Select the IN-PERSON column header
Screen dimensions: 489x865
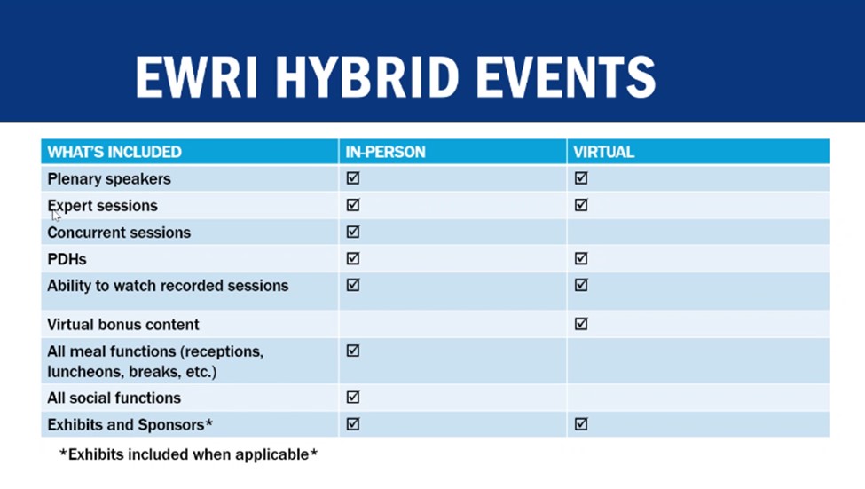click(x=385, y=152)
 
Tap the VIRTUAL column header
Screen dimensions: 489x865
click(x=603, y=152)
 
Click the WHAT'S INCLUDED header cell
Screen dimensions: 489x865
click(x=114, y=152)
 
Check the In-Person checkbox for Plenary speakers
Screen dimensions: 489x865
click(x=353, y=178)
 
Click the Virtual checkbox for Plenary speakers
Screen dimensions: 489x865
click(x=581, y=178)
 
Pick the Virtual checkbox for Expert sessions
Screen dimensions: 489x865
click(x=581, y=205)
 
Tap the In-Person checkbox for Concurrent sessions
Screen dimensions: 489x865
click(x=353, y=232)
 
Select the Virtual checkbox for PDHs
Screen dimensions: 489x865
click(x=581, y=259)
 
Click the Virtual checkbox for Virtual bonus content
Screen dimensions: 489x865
click(x=581, y=324)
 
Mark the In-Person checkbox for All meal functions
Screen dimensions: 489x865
click(x=353, y=351)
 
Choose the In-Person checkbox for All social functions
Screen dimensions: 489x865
click(x=353, y=398)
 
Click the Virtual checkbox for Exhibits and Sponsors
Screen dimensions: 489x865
click(x=581, y=424)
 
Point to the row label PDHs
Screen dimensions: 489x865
click(x=67, y=259)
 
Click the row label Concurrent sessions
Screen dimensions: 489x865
click(x=119, y=233)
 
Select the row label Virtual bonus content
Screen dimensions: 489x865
click(x=123, y=325)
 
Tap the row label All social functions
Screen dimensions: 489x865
click(x=114, y=398)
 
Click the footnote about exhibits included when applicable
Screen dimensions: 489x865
click(x=188, y=454)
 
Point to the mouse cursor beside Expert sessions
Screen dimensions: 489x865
click(x=55, y=214)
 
